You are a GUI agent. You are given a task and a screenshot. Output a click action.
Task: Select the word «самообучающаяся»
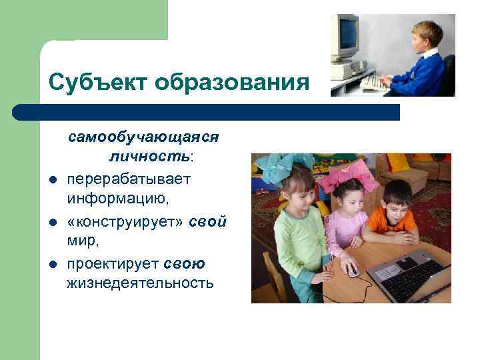(x=143, y=137)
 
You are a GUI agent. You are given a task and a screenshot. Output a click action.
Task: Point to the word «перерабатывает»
(x=128, y=179)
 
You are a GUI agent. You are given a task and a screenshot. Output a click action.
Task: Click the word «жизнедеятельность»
(x=140, y=283)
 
